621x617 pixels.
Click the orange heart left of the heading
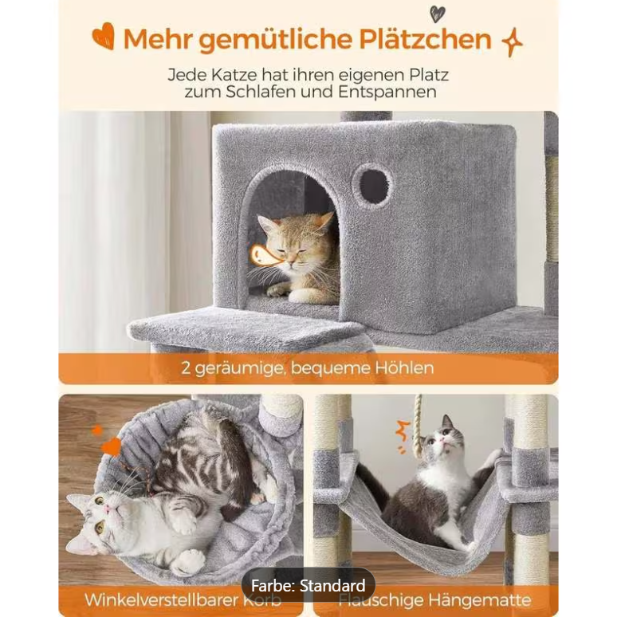click(103, 36)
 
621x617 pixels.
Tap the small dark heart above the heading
click(437, 13)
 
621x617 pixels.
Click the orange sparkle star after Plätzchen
click(511, 42)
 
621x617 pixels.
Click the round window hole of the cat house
click(371, 185)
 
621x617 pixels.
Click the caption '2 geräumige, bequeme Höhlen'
click(306, 368)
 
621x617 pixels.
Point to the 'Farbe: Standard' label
click(308, 586)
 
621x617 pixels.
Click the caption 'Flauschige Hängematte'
click(435, 599)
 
